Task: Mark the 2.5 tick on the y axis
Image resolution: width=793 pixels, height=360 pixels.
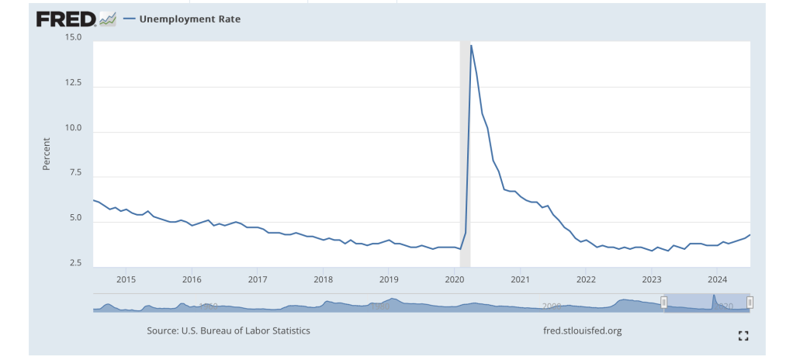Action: tap(74, 264)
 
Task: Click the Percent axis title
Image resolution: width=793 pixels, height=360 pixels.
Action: tap(47, 154)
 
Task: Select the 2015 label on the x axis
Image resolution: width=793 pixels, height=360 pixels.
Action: tap(126, 279)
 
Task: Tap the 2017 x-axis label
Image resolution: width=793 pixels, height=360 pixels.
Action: tap(258, 279)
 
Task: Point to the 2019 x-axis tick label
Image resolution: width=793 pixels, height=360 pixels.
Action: tap(389, 279)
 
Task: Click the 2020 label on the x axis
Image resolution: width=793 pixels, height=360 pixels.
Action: tap(455, 279)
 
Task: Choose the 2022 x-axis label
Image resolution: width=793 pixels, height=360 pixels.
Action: tap(586, 279)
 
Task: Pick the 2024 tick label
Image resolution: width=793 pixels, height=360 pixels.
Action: tap(718, 279)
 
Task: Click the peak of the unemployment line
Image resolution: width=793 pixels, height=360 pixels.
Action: tap(471, 46)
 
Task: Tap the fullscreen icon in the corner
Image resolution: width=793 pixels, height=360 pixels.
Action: tap(743, 335)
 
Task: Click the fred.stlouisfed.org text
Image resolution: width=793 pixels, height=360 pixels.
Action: tap(583, 331)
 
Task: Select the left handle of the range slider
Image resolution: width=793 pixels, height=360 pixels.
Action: tap(663, 302)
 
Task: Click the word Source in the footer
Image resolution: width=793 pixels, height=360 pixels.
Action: tap(164, 331)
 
